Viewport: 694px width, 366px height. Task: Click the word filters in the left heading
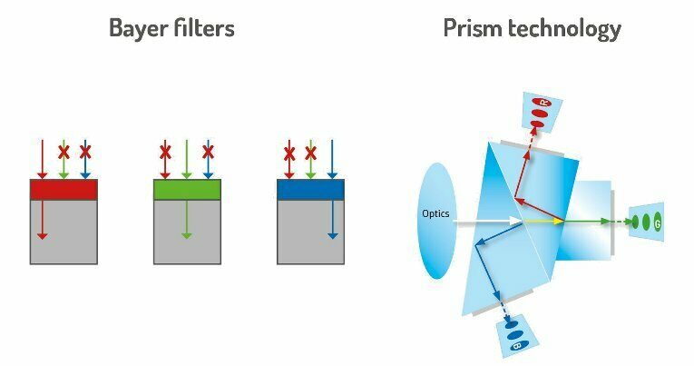pos(205,28)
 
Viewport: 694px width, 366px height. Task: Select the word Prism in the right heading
pos(473,28)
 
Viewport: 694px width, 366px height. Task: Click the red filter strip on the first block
pos(64,189)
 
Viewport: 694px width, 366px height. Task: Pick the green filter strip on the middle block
pos(187,189)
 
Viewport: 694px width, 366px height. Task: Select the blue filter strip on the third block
pos(310,189)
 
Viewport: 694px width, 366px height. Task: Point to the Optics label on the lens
pos(435,213)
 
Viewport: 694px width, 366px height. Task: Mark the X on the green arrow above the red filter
pos(64,152)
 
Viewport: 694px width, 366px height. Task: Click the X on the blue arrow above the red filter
pos(85,151)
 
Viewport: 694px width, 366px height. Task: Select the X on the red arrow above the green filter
pos(165,152)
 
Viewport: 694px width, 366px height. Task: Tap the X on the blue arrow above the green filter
pos(208,152)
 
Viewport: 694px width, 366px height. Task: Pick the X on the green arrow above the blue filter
pos(310,152)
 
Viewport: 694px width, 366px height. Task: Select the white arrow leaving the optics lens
pos(486,220)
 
